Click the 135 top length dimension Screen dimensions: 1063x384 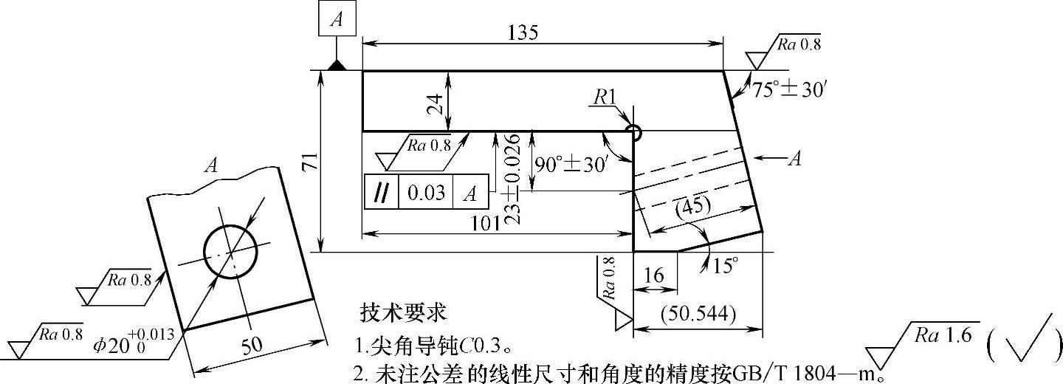tap(523, 32)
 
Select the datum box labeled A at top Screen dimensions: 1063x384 tap(337, 19)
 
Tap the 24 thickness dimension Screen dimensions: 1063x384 tap(438, 101)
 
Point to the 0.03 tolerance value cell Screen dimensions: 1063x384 tap(426, 193)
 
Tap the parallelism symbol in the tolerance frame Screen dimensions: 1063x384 tap(382, 193)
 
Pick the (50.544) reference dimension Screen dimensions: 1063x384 tap(698, 312)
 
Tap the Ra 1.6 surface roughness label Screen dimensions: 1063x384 tap(946, 337)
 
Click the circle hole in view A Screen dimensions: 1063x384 tap(230, 250)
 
